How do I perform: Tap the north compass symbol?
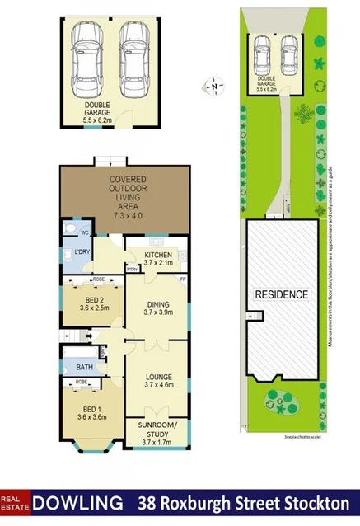tap(214, 86)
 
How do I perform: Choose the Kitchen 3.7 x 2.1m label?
tap(157, 258)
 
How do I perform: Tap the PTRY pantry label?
tap(132, 269)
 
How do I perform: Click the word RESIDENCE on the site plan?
tap(281, 294)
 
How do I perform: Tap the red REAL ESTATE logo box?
tap(15, 502)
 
